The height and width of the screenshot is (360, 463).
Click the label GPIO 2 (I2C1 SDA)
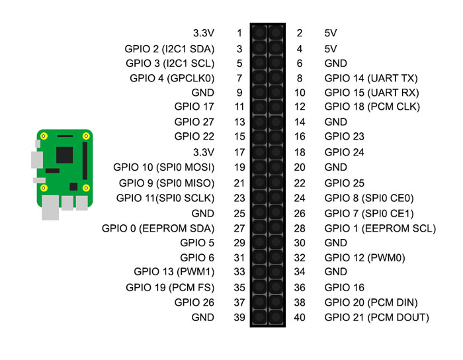(169, 48)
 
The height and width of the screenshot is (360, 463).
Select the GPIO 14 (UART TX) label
(372, 78)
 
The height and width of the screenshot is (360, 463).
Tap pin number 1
(239, 33)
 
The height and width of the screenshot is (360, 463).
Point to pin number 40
(300, 318)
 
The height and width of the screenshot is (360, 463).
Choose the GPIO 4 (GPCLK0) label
(172, 78)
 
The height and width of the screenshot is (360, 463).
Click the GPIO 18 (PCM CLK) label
(372, 107)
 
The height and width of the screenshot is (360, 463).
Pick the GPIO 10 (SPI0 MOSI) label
(164, 167)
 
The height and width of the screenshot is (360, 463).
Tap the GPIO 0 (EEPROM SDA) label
(158, 228)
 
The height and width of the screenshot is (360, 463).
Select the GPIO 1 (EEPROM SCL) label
(380, 228)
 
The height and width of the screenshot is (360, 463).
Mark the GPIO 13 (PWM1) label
(174, 272)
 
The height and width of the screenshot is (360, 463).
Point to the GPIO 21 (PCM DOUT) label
(376, 318)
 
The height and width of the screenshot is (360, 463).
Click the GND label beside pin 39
(202, 318)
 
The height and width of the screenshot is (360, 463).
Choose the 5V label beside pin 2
(331, 33)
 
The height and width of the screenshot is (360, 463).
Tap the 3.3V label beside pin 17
(203, 152)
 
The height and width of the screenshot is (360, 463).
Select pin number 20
(300, 167)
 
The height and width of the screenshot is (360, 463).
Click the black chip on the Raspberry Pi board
(64, 155)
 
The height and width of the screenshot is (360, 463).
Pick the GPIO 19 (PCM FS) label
(170, 287)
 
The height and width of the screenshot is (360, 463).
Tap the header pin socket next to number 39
(259, 318)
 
